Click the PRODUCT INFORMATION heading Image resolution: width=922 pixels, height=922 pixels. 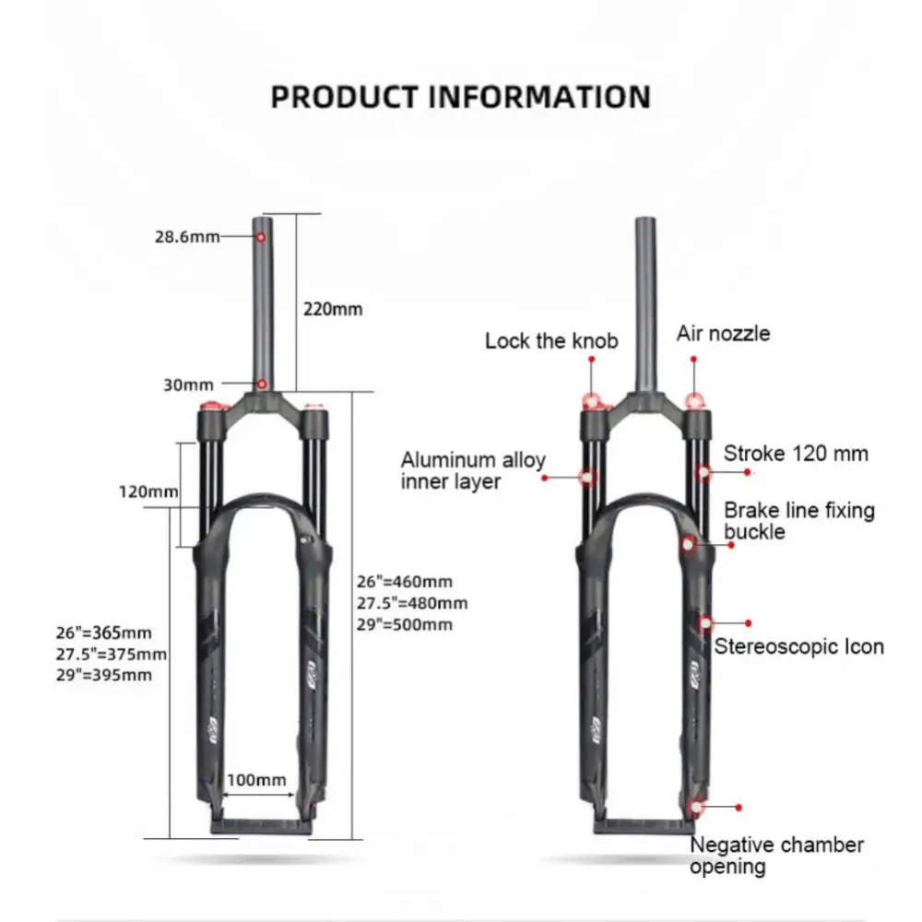coord(460,97)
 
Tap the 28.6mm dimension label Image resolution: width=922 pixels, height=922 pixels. coord(187,237)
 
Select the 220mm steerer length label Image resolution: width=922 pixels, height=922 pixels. coord(333,309)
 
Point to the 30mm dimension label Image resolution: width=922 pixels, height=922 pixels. coord(188,384)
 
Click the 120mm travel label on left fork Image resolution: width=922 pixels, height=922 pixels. coord(148,491)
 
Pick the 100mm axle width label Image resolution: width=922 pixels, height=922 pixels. coord(257,780)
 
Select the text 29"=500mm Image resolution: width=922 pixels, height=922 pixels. coord(405,625)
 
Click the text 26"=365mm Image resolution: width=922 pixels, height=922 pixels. coord(102,633)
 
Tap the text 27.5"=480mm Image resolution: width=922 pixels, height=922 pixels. coord(411,604)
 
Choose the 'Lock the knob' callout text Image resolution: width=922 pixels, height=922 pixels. coord(551,341)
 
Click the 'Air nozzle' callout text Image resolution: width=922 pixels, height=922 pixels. coord(723,333)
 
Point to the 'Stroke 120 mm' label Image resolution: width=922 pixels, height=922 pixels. coord(796,454)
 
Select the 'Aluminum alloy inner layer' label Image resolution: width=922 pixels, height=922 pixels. coord(473,470)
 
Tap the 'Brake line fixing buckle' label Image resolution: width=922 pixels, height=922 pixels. coord(798,521)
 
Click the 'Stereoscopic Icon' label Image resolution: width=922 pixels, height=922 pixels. coord(798,646)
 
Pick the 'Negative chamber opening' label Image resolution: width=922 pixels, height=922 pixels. coord(776,855)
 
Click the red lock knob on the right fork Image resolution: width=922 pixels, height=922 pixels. coord(592,401)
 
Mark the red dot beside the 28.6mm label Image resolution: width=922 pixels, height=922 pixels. coord(262,237)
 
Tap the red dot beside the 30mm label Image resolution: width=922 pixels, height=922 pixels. coord(262,384)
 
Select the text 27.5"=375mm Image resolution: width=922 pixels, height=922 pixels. coord(111,654)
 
